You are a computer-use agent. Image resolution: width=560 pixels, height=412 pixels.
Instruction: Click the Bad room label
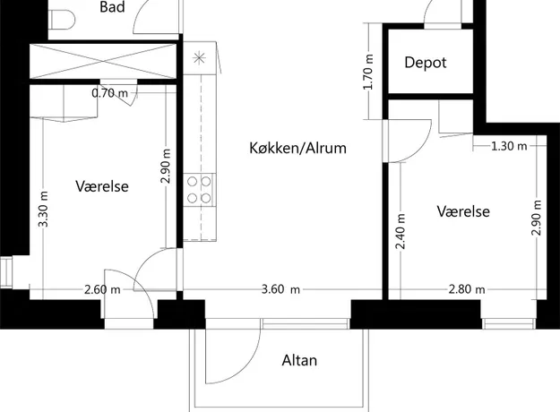pos(112,7)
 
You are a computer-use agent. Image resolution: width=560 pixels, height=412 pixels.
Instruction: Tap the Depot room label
pos(426,63)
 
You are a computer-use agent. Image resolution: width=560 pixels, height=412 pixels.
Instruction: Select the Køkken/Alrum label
pos(297,148)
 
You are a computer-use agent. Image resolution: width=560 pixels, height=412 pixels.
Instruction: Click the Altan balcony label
pos(299,361)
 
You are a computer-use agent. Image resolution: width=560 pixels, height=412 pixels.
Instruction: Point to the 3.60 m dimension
pos(280,289)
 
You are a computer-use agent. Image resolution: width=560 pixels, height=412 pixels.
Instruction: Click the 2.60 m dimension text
pos(102,289)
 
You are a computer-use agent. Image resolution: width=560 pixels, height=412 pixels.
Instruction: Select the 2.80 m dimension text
pos(467,289)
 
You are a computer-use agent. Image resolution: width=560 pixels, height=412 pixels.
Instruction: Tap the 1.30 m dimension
pos(509,146)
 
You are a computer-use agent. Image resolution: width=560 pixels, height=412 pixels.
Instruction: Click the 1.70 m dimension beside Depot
pos(369,73)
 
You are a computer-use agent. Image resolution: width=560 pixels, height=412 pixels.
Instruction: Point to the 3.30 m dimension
pos(43,210)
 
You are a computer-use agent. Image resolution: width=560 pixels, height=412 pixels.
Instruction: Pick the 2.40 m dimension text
pos(401,231)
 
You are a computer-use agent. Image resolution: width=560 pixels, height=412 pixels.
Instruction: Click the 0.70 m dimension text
pos(109,93)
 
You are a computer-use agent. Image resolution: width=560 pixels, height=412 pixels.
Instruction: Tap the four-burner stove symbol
pos(200,190)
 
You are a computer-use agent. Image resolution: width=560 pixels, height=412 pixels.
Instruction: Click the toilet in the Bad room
pos(62,20)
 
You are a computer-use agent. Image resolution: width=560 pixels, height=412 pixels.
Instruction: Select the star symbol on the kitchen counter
pos(199,58)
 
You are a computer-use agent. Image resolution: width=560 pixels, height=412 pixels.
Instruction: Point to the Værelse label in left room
pos(102,186)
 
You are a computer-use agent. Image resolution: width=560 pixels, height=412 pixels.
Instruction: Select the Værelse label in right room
pos(463,211)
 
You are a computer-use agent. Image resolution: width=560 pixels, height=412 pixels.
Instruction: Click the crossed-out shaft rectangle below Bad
pos(103,61)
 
